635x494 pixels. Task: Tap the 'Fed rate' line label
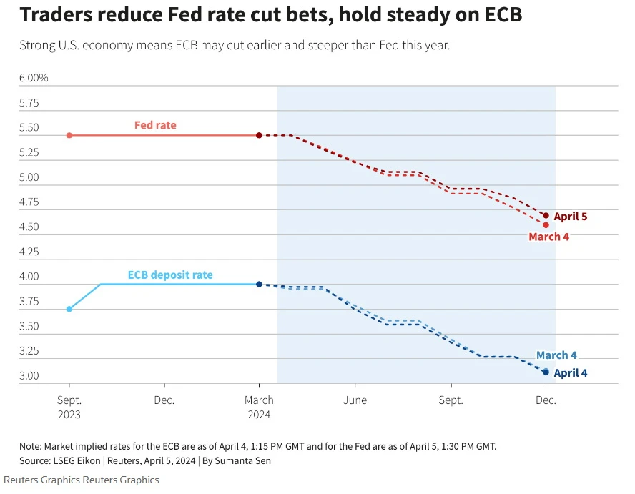(x=155, y=125)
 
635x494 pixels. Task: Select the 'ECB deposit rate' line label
(x=170, y=275)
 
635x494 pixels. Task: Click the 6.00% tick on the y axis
(x=34, y=78)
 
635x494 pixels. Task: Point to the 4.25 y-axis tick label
(x=29, y=252)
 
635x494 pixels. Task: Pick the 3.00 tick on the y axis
(x=29, y=376)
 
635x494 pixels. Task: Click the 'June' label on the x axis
(x=355, y=400)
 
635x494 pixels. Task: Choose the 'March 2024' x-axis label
(x=259, y=407)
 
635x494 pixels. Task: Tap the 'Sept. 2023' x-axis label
(x=69, y=407)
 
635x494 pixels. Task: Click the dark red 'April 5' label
(x=571, y=216)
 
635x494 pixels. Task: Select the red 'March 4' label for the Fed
(x=548, y=237)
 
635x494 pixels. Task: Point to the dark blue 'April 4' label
(x=571, y=372)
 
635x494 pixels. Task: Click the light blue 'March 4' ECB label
(x=556, y=355)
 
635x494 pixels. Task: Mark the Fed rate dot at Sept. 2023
(x=69, y=135)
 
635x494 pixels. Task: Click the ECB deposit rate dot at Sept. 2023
(x=69, y=309)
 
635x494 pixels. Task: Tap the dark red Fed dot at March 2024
(x=259, y=135)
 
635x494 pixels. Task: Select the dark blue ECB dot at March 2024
(x=259, y=285)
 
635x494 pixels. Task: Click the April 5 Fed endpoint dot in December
(x=546, y=215)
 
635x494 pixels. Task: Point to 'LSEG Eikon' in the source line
(x=74, y=461)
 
